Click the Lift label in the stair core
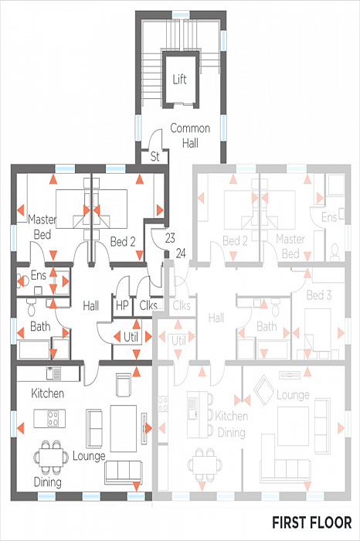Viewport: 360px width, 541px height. coord(180,80)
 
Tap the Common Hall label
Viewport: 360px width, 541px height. coord(190,135)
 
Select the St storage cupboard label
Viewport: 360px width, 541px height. coord(155,157)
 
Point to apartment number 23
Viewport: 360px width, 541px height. coord(170,238)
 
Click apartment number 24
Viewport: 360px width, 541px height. coord(181,253)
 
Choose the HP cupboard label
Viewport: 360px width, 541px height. coord(122,305)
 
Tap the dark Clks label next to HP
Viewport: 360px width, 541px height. coord(148,305)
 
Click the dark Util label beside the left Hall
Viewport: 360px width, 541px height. coord(131,337)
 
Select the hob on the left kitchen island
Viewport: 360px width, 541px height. coord(53,418)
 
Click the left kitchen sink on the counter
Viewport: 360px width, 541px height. coord(53,373)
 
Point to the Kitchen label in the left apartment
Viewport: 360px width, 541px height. coord(48,393)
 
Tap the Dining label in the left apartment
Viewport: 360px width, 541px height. coord(48,482)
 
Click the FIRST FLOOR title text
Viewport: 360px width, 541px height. coord(312,522)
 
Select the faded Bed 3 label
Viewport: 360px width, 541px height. coord(319,295)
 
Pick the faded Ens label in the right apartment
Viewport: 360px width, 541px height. coord(329,217)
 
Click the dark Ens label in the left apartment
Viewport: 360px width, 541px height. coord(39,275)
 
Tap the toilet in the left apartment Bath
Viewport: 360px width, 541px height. coord(32,308)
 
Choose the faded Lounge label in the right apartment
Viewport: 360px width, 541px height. coord(293,395)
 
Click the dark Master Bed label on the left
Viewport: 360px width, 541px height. coord(42,227)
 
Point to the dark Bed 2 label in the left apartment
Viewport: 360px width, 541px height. coord(123,242)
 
